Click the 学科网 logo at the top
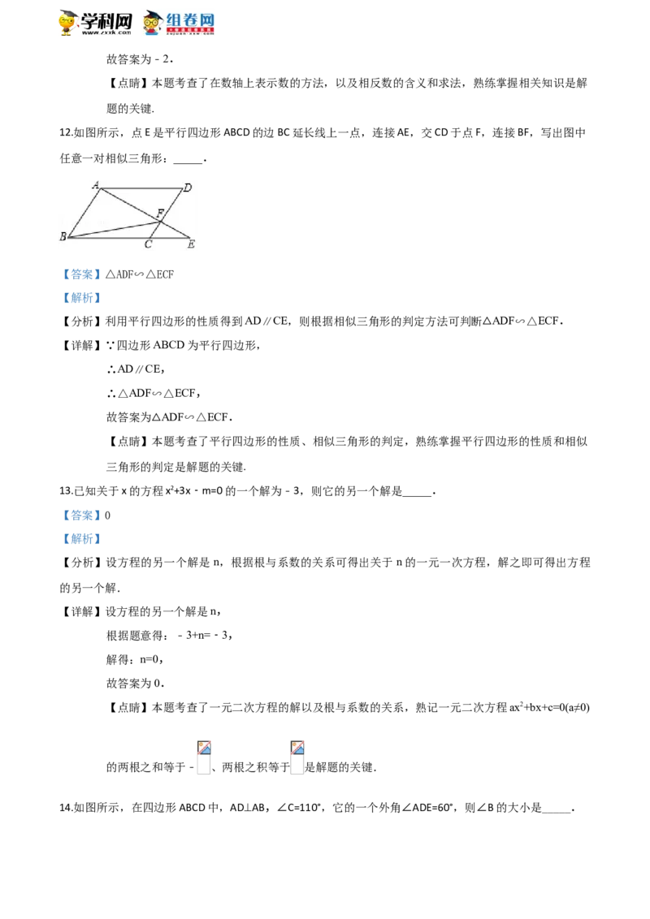[96, 23]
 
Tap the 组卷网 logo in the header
[178, 23]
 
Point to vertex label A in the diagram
[96, 185]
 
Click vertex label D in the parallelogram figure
[188, 188]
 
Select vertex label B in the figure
[63, 237]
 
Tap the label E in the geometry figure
[191, 244]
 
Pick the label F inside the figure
[160, 214]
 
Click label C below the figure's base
[148, 244]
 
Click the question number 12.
[65, 132]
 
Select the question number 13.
[65, 491]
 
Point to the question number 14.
[65, 808]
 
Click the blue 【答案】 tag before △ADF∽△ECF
[81, 274]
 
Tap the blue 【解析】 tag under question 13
[81, 538]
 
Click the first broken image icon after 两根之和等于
[204, 757]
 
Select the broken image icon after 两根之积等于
[297, 757]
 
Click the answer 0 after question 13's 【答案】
[107, 516]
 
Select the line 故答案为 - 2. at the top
[140, 59]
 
